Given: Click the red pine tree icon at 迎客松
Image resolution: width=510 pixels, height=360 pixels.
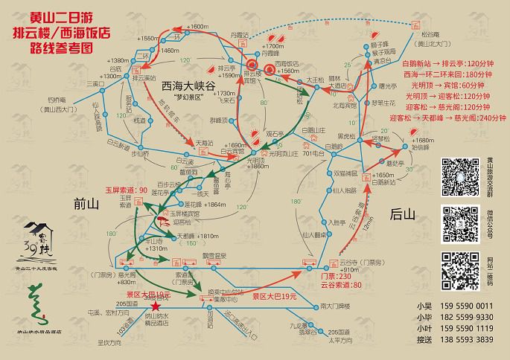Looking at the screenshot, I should click(162, 221).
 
